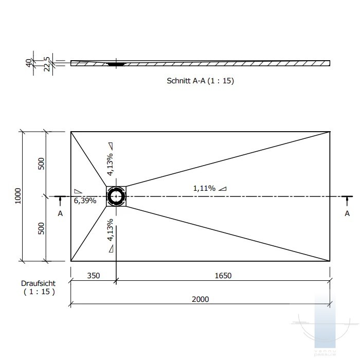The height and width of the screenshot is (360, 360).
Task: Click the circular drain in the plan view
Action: (117, 196)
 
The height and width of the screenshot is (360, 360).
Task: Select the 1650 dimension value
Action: (223, 275)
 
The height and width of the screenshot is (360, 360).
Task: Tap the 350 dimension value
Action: (93, 275)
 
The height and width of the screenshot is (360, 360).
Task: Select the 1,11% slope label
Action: (204, 188)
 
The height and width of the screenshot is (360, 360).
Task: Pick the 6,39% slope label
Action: (85, 201)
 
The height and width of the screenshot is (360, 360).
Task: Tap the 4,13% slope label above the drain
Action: (110, 164)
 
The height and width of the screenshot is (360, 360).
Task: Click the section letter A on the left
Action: (60, 213)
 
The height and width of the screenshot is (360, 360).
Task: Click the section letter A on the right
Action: (347, 213)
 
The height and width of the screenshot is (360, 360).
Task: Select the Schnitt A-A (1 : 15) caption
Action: (201, 81)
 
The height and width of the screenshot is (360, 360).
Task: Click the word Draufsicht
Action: (38, 283)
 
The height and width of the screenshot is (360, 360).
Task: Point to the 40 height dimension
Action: (28, 63)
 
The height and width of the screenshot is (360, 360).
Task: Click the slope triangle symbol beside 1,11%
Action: (222, 189)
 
